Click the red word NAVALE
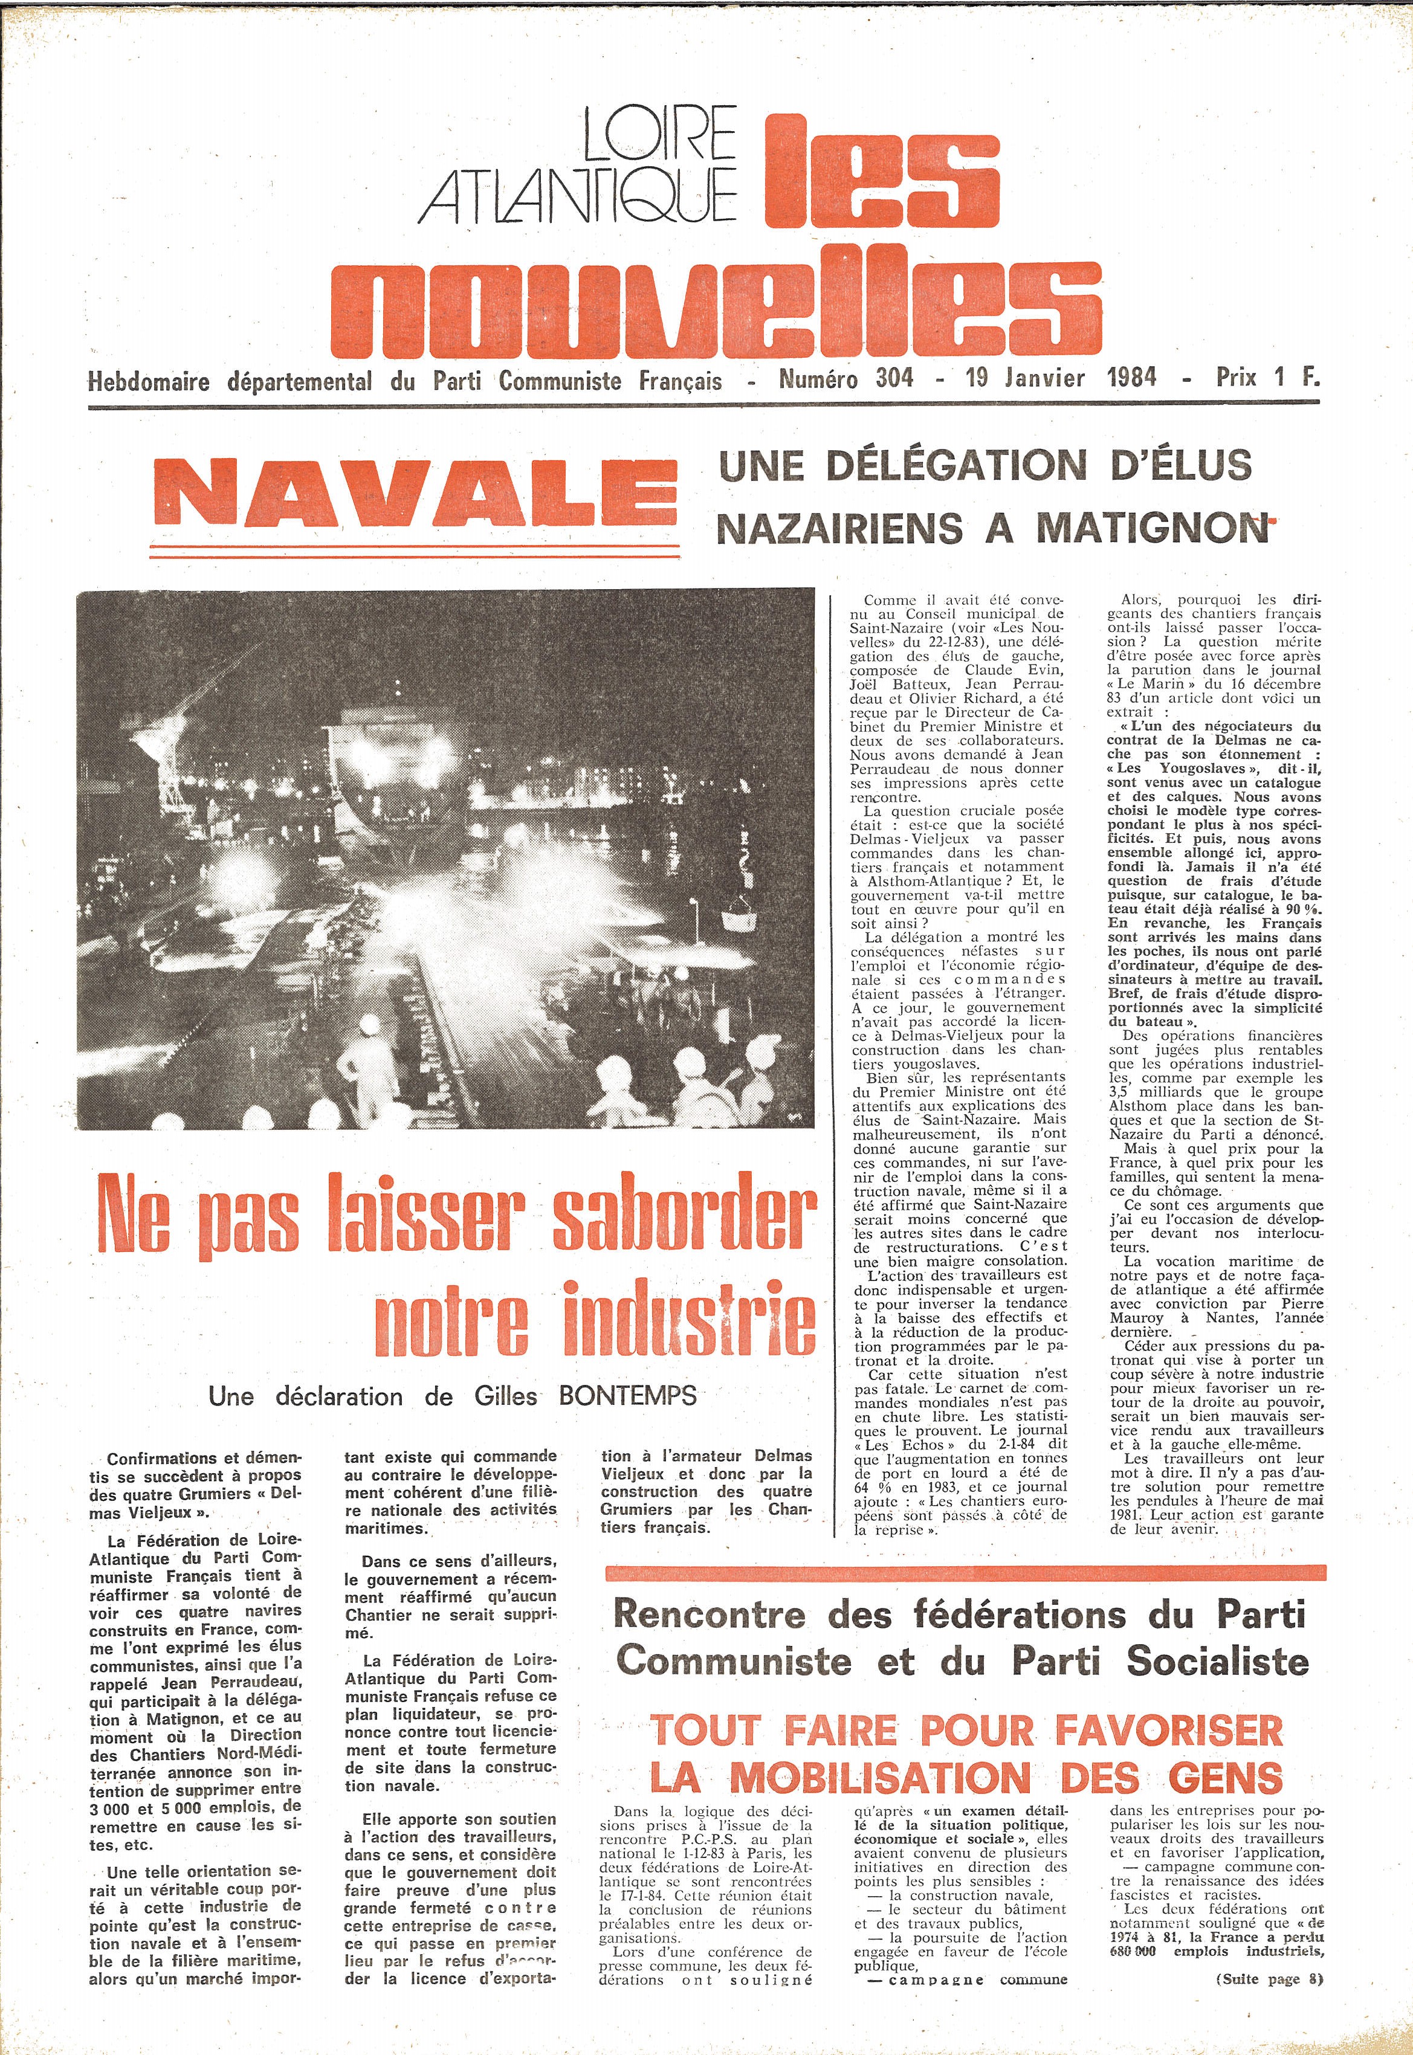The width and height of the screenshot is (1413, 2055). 415,493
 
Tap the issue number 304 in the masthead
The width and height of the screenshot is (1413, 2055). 894,379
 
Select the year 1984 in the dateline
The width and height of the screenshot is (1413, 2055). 1131,378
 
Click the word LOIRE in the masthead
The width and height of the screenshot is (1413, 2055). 659,134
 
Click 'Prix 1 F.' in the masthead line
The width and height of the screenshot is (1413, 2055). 1267,378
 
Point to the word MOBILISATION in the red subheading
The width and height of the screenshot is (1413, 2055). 880,1777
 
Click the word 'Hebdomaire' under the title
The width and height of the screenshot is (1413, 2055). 149,381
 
